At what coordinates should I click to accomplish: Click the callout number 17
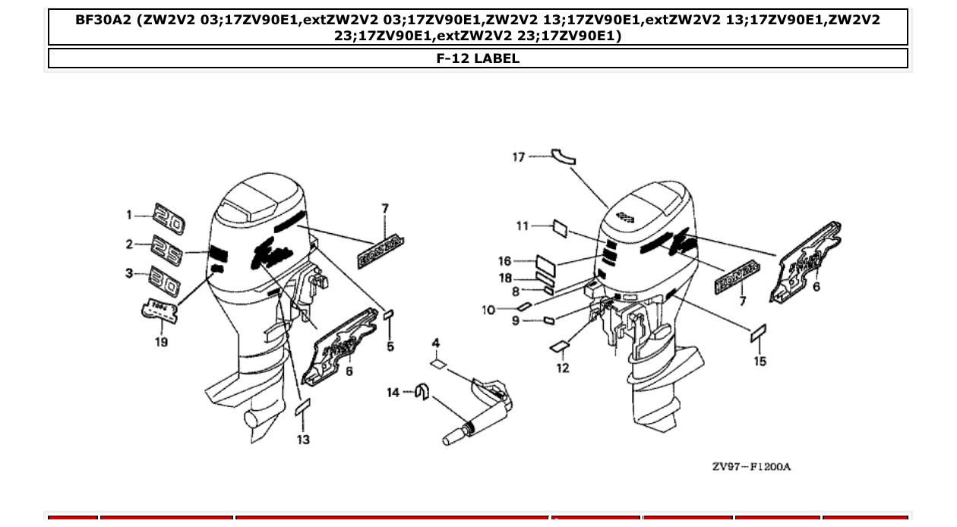click(x=518, y=157)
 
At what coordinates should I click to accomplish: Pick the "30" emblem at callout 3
click(x=163, y=280)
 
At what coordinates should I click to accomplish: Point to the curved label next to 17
click(x=563, y=155)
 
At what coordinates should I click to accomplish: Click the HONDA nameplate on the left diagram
click(x=380, y=253)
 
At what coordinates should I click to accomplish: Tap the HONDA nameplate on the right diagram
click(x=737, y=277)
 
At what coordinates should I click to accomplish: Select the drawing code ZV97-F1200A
click(x=750, y=466)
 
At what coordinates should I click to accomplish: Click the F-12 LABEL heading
click(x=478, y=58)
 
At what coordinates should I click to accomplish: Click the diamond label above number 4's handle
click(x=436, y=364)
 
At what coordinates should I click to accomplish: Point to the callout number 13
click(x=303, y=440)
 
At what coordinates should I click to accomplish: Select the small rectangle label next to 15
click(x=758, y=333)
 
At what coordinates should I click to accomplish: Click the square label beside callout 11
click(x=560, y=226)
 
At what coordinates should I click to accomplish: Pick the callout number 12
click(x=562, y=368)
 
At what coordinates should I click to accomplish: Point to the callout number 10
click(x=488, y=310)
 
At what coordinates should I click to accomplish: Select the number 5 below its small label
click(x=390, y=346)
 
